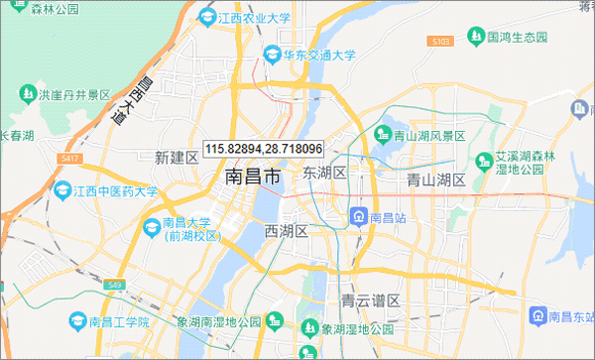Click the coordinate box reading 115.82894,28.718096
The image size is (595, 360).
click(264, 148)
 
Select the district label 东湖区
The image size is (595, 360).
click(324, 173)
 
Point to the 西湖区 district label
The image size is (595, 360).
click(289, 231)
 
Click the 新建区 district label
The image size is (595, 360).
click(178, 157)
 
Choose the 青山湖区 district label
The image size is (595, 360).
click(436, 180)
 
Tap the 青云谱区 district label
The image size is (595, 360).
click(370, 300)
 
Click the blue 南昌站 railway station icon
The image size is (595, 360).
click(359, 214)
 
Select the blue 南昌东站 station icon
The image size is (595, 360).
click(537, 315)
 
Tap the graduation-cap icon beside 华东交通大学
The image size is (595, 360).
click(271, 56)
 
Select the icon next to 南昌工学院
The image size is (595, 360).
click(77, 321)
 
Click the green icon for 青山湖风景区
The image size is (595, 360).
click(382, 133)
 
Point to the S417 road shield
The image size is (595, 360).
click(69, 158)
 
